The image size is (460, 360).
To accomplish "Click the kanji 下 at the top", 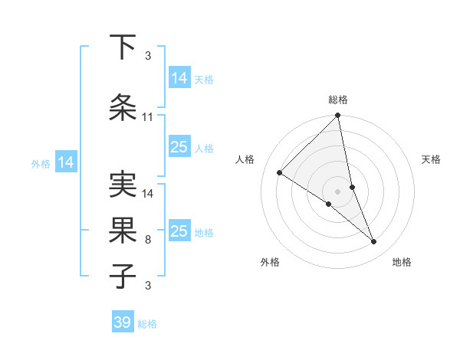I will pos(123,47).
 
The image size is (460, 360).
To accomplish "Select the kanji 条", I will pos(123,107).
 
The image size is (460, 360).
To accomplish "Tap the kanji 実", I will pos(123,184).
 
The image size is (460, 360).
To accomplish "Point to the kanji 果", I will pos(123,230).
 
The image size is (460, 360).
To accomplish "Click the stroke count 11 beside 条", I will pos(147,117).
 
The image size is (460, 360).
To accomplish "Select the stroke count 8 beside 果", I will pos(147,240).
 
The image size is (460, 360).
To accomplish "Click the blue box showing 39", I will pos(123,322).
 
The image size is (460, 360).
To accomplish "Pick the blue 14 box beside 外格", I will pos(65,162).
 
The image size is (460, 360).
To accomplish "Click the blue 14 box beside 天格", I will pos(179,78).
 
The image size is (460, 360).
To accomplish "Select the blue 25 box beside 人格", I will pos(179,147).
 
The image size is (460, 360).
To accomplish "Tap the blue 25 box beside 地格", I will pos(179,231).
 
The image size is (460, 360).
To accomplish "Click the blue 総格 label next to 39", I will pos(147,324).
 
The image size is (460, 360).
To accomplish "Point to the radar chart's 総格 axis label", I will pos(338,100).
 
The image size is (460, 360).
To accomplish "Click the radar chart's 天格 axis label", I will pos(431,159).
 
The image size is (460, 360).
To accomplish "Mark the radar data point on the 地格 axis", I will pos(374,242).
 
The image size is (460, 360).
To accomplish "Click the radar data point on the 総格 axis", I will pos(338,116).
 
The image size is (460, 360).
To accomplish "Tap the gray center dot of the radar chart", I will pos(337,191).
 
